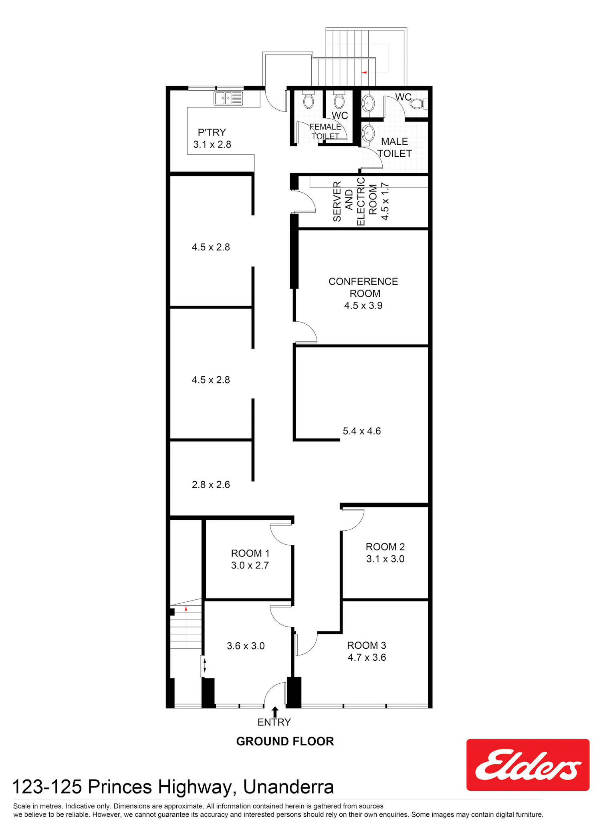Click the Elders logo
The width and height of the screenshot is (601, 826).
pyautogui.click(x=528, y=764)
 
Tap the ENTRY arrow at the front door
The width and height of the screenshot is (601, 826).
pyautogui.click(x=275, y=712)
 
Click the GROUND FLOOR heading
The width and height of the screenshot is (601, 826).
pyautogui.click(x=285, y=741)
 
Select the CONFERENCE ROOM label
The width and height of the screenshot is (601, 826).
pyautogui.click(x=363, y=287)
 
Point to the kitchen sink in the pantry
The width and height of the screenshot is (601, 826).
pyautogui.click(x=228, y=98)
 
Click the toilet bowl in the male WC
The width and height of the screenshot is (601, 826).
pyautogui.click(x=418, y=104)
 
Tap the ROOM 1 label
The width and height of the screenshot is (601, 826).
pyautogui.click(x=250, y=553)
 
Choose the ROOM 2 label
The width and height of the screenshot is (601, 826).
pyautogui.click(x=385, y=547)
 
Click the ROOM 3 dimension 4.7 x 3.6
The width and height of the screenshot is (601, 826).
pyautogui.click(x=367, y=657)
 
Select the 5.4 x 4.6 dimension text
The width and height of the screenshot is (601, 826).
pyautogui.click(x=362, y=431)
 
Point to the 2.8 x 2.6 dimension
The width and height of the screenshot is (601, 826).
pyautogui.click(x=211, y=485)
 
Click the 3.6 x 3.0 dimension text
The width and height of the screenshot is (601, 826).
pyautogui.click(x=246, y=646)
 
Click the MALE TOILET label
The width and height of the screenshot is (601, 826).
pyautogui.click(x=395, y=148)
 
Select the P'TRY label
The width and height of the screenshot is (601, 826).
pyautogui.click(x=212, y=132)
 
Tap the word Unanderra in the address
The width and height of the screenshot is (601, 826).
pyautogui.click(x=288, y=787)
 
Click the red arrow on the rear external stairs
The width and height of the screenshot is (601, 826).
pyautogui.click(x=364, y=72)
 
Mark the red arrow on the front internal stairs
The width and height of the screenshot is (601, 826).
pyautogui.click(x=186, y=609)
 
